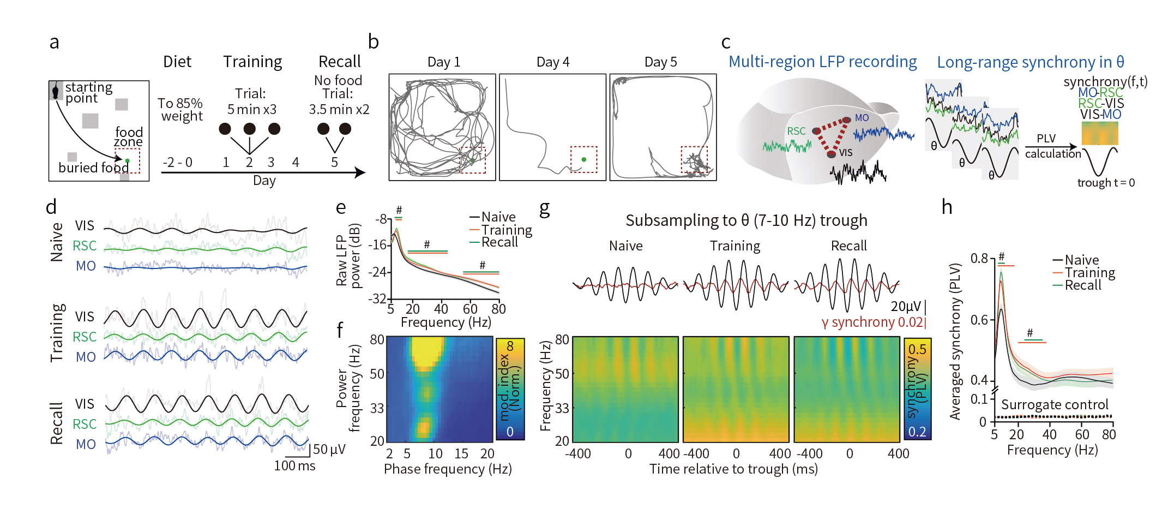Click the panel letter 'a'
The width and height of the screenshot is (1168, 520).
click(54, 43)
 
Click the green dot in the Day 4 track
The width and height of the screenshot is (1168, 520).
click(583, 159)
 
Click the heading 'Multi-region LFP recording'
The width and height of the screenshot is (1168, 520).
click(822, 62)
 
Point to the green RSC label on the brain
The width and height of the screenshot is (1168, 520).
click(796, 131)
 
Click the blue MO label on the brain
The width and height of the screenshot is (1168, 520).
click(862, 118)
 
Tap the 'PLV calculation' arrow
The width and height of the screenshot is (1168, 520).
click(1051, 146)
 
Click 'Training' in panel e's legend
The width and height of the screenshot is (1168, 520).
click(507, 230)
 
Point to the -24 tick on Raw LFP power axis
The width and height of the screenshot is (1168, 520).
click(378, 272)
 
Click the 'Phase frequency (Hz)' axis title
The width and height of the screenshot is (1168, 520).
click(447, 469)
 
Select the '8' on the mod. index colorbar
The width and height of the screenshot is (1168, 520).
click(510, 346)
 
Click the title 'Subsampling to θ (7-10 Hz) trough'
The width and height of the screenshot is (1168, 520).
click(746, 220)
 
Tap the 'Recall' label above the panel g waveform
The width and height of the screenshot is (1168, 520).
click(848, 246)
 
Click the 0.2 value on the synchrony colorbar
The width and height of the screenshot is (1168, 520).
click(917, 432)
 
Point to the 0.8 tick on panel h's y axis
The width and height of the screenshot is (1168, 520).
click(979, 258)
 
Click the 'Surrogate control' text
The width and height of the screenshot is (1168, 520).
click(1055, 405)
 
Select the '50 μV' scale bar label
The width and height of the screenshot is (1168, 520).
click(329, 450)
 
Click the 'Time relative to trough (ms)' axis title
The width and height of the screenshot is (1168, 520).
click(733, 469)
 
